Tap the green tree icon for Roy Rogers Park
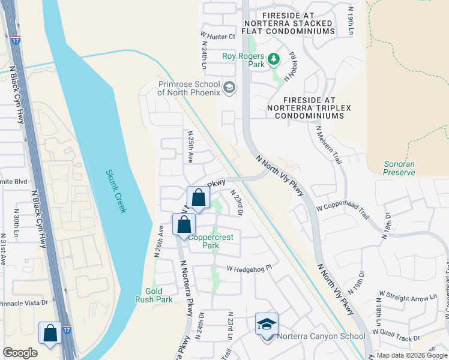point(274,58)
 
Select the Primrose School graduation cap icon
point(229,89)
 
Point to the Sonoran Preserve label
point(399,168)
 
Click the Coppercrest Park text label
point(211,241)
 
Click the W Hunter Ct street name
point(218,37)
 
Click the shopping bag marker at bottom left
point(50,334)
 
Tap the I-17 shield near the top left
point(16,41)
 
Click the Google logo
point(20,353)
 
